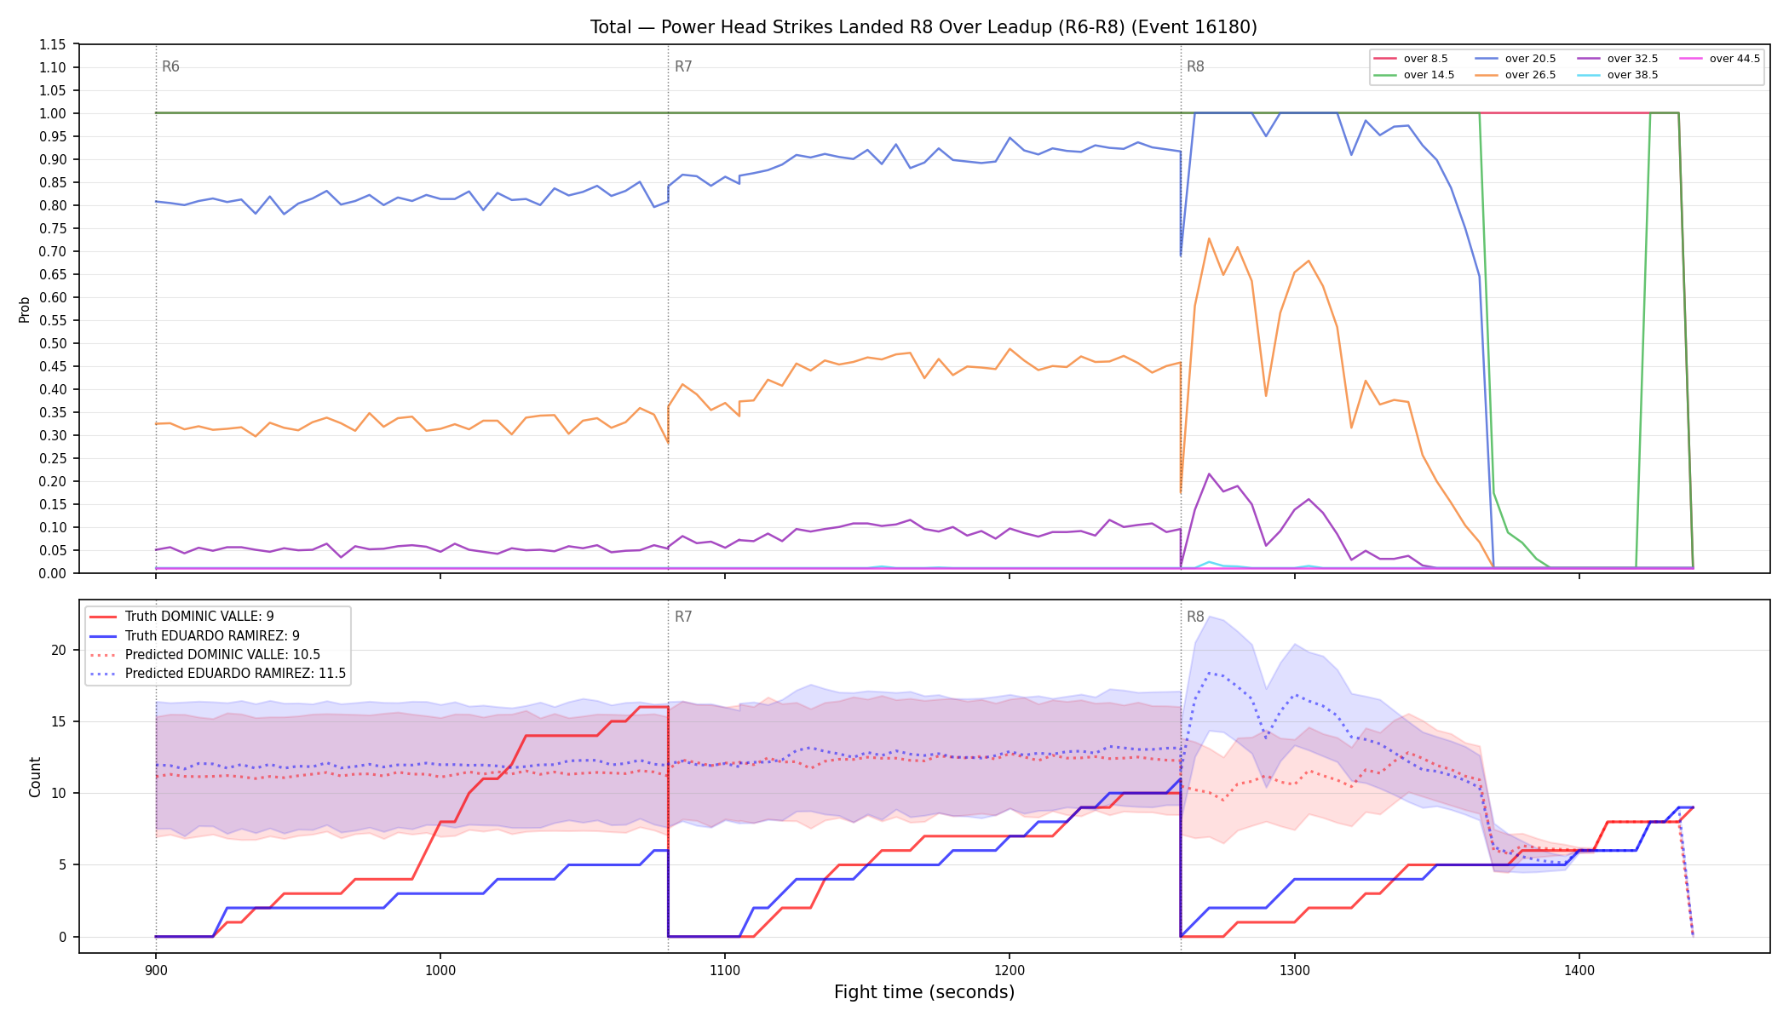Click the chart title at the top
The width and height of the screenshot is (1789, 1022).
(923, 27)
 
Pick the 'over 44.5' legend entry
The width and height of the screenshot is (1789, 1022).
(1720, 59)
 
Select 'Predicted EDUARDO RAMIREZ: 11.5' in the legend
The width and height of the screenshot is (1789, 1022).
(217, 674)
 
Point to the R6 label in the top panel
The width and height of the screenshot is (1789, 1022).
(170, 66)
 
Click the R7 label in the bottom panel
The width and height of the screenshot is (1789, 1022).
(683, 617)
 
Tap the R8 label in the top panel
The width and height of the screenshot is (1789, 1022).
(1195, 66)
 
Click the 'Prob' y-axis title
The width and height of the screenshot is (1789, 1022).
(25, 309)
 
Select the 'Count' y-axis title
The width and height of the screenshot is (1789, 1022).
(35, 777)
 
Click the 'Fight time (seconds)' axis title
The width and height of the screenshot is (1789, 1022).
(924, 992)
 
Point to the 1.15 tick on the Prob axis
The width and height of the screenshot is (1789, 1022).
(53, 44)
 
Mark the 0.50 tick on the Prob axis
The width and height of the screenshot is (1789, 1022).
(53, 343)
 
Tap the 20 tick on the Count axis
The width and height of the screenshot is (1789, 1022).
(59, 650)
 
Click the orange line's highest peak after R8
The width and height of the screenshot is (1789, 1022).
(1209, 238)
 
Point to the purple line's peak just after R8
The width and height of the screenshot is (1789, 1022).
(1209, 474)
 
